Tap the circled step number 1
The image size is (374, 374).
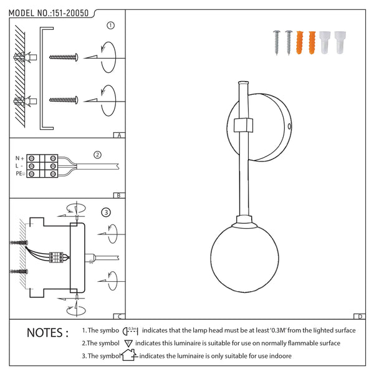(x=110, y=26)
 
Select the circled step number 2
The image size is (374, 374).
(x=97, y=155)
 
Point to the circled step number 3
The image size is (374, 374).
(x=106, y=213)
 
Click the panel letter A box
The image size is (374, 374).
(x=119, y=135)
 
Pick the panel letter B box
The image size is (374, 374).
(x=119, y=196)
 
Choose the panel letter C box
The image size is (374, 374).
(x=119, y=316)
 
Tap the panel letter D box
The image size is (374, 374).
(x=360, y=316)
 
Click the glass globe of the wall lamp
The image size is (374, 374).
(x=244, y=259)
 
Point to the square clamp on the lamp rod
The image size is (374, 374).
(x=243, y=125)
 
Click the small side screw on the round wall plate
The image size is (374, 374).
(x=290, y=127)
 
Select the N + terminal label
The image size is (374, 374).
(x=19, y=158)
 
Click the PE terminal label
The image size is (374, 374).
(x=20, y=174)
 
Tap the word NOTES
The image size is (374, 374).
(x=47, y=333)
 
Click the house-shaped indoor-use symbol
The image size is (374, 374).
(x=128, y=355)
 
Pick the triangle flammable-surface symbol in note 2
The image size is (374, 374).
(x=128, y=343)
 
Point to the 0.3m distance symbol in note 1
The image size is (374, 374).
(x=130, y=331)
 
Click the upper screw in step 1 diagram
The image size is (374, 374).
(x=64, y=57)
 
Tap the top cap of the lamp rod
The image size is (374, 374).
(x=243, y=83)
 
